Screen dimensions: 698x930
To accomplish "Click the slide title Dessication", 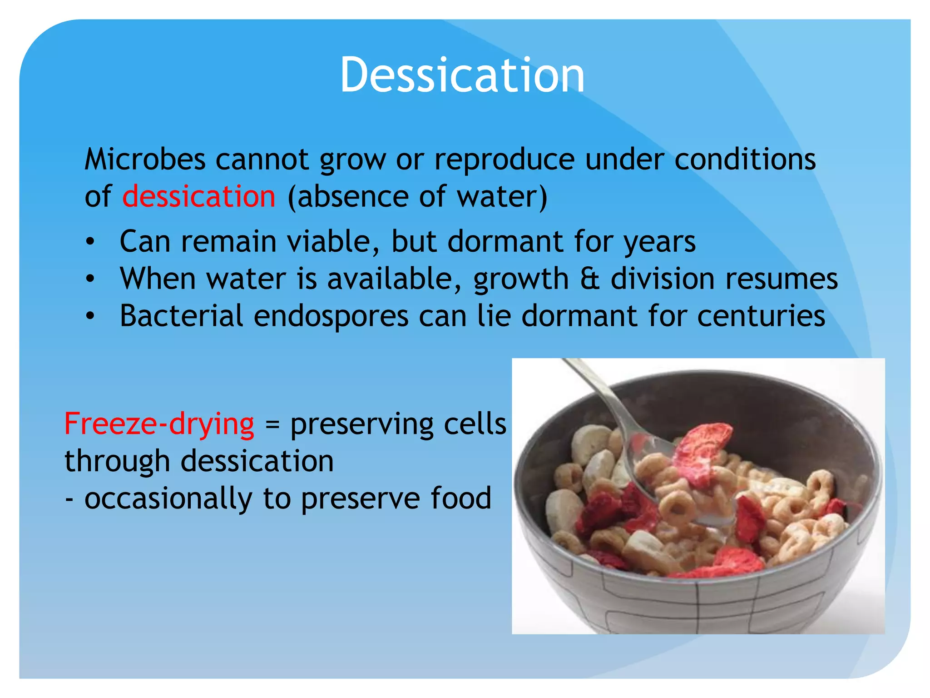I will point(462,75).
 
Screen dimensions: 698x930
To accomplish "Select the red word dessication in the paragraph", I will point(199,196).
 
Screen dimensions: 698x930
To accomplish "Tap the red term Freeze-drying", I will point(159,424).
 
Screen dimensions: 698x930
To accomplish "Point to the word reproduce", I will point(505,160).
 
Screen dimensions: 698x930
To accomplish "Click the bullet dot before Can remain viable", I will point(90,242).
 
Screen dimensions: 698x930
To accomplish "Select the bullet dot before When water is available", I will point(90,279).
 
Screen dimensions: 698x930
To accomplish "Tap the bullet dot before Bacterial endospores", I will point(90,316).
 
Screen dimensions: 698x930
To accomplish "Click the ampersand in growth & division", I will point(589,279).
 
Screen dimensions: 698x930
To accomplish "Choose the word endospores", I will point(331,317).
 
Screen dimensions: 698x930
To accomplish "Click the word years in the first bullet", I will point(659,242).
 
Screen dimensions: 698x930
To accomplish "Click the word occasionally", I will point(168,499).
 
